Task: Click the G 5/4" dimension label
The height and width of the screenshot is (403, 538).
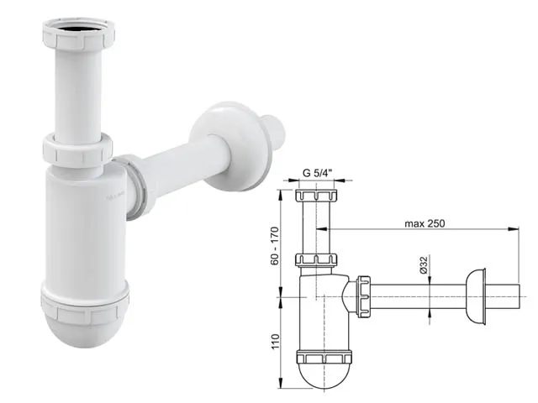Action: coord(318,173)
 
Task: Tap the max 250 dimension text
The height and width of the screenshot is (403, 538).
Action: coord(425,224)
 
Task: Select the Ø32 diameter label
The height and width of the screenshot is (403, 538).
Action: coord(423,265)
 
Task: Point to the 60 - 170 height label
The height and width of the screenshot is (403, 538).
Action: coord(275,246)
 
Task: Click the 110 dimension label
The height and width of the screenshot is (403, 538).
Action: coord(275,342)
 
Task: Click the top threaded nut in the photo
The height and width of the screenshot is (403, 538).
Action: coord(78,34)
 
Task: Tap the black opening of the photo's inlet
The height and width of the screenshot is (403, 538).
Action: coord(79,28)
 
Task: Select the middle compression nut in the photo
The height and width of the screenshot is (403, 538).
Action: coord(78,149)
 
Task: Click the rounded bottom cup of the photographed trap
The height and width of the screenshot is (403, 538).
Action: coord(85,326)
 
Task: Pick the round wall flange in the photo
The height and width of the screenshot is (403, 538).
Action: coord(229,145)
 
